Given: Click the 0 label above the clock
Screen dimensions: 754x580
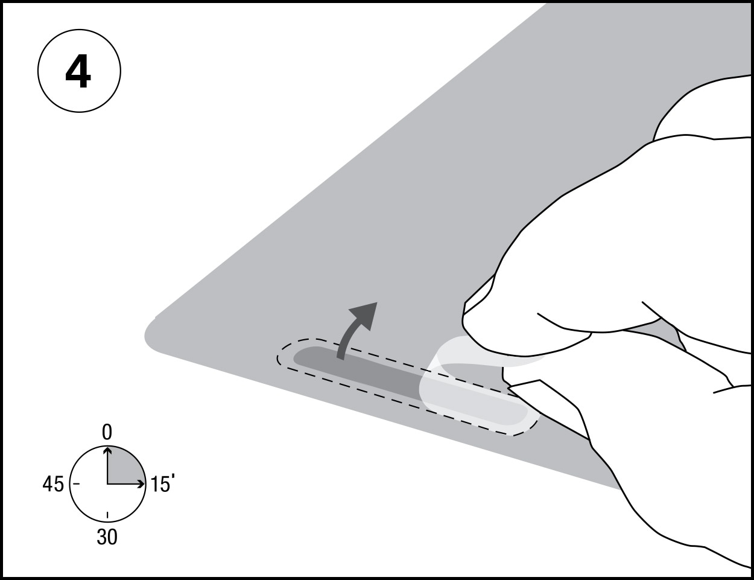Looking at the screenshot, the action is [x=107, y=433].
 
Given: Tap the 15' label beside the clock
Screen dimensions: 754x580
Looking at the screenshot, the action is [x=162, y=483].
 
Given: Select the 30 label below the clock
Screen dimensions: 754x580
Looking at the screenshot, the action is [x=107, y=537].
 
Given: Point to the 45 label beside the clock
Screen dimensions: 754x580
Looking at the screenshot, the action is [x=54, y=484].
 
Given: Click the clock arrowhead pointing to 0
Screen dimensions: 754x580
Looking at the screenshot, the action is [x=107, y=450].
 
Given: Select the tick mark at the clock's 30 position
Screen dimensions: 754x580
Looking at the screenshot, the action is [x=107, y=515].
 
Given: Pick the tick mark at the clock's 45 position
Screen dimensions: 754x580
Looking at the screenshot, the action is [x=77, y=483].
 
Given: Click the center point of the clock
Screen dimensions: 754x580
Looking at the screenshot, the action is [x=107, y=483].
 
